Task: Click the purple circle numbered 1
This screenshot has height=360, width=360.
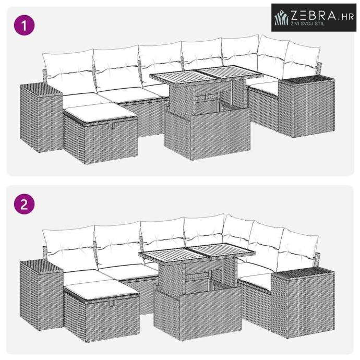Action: pos(25,25)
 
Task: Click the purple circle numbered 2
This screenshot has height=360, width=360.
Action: pos(25,204)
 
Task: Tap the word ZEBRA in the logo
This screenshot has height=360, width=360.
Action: pos(314,16)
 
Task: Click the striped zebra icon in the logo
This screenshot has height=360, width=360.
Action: pos(281,18)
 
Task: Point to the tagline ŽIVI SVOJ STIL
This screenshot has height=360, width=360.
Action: pos(308,23)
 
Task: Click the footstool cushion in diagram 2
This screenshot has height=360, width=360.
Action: pos(101,290)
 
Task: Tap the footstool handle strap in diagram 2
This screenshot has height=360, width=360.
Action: pos(113,303)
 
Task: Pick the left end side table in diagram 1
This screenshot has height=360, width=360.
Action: pos(41,117)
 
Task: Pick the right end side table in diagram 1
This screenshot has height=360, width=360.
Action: pos(306,106)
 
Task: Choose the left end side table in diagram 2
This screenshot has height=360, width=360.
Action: pos(41,295)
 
